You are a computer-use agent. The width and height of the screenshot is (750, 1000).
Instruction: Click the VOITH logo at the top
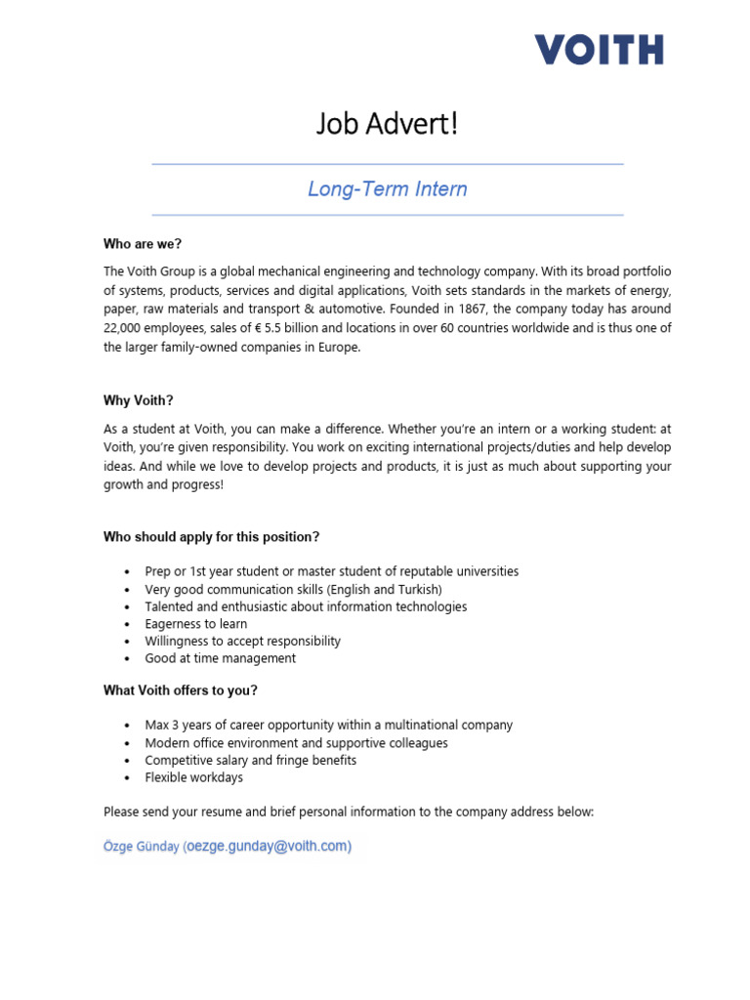(x=599, y=49)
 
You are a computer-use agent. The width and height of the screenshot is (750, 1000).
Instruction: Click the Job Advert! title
(x=387, y=124)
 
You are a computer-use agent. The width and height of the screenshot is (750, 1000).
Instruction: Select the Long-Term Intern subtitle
(x=388, y=189)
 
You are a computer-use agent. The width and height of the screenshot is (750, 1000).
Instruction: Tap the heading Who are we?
(x=143, y=244)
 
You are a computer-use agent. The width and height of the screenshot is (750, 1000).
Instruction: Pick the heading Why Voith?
(x=138, y=400)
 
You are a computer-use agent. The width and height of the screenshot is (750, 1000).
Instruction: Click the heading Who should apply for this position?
(x=211, y=537)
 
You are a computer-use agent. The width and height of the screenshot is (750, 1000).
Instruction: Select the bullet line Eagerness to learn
(x=195, y=624)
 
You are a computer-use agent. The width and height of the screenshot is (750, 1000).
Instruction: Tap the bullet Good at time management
(x=220, y=658)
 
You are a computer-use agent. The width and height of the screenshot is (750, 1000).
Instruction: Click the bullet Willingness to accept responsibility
(x=242, y=642)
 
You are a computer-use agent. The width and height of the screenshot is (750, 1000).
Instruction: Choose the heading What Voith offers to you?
(x=181, y=690)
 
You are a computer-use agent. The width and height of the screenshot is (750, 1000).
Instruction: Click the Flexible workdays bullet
(x=193, y=777)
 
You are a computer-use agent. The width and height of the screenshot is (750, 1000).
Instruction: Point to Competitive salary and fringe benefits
(x=250, y=760)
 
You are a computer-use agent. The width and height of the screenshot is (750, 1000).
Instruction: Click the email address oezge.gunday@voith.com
(x=269, y=847)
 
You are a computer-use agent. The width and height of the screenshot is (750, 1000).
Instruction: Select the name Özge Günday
(x=141, y=848)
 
